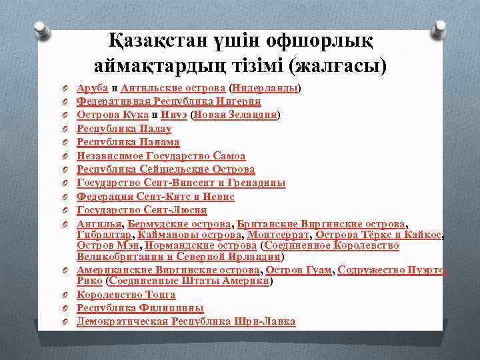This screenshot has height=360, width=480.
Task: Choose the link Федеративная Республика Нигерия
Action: click(x=169, y=101)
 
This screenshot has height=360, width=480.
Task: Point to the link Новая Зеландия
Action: click(x=235, y=115)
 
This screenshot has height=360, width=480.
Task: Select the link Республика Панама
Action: click(x=128, y=142)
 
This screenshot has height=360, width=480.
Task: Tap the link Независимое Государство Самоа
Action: click(x=161, y=156)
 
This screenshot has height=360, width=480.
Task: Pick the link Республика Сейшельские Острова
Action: click(x=165, y=169)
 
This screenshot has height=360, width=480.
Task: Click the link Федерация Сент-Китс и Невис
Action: click(x=155, y=197)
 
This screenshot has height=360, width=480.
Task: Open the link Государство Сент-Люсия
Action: click(x=141, y=211)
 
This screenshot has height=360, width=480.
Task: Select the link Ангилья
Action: click(x=99, y=224)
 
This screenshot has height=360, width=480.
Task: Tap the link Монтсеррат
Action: click(x=279, y=235)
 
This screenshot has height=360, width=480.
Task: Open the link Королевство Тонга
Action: click(x=126, y=294)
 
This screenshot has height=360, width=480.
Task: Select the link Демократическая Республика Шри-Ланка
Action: click(x=186, y=321)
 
